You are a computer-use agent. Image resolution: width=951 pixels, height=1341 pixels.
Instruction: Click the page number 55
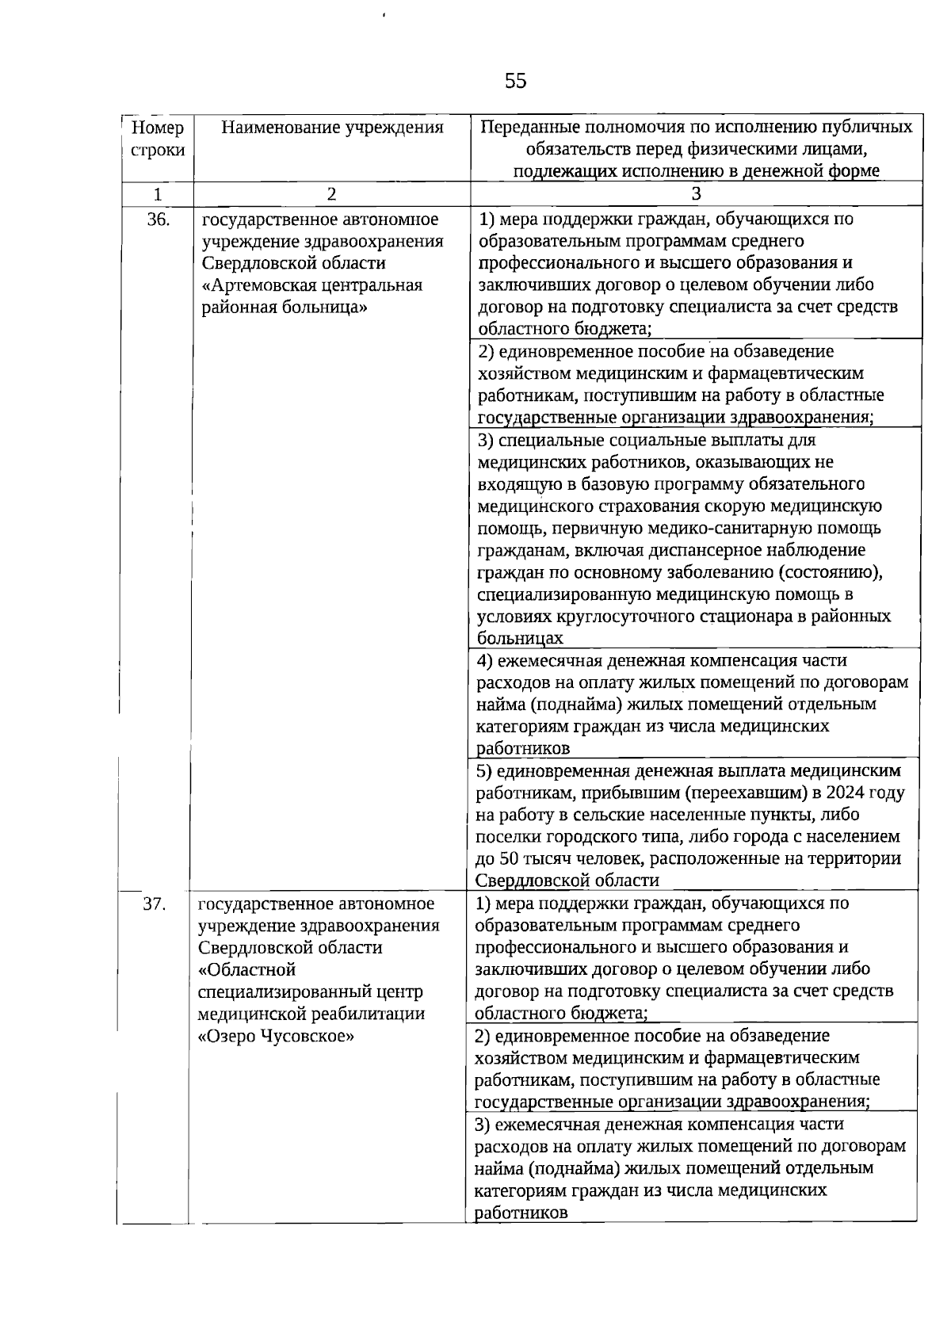pos(515,81)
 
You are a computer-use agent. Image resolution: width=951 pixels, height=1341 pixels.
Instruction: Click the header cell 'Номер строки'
pos(158,139)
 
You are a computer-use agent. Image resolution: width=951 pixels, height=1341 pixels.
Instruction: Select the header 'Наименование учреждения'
pos(331,128)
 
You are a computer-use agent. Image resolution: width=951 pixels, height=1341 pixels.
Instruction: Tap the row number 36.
pos(158,220)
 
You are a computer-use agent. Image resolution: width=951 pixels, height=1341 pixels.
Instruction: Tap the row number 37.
pos(154,904)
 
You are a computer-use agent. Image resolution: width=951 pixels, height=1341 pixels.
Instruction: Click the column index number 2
pos(331,194)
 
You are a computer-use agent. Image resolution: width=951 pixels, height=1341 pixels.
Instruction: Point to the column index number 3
pos(695,194)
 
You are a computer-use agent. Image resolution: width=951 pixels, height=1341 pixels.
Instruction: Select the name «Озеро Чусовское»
pos(275,1036)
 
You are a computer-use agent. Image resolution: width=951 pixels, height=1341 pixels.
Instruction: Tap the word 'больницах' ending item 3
pos(520,638)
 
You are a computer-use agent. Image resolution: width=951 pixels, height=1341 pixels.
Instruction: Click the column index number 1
pos(158,194)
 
